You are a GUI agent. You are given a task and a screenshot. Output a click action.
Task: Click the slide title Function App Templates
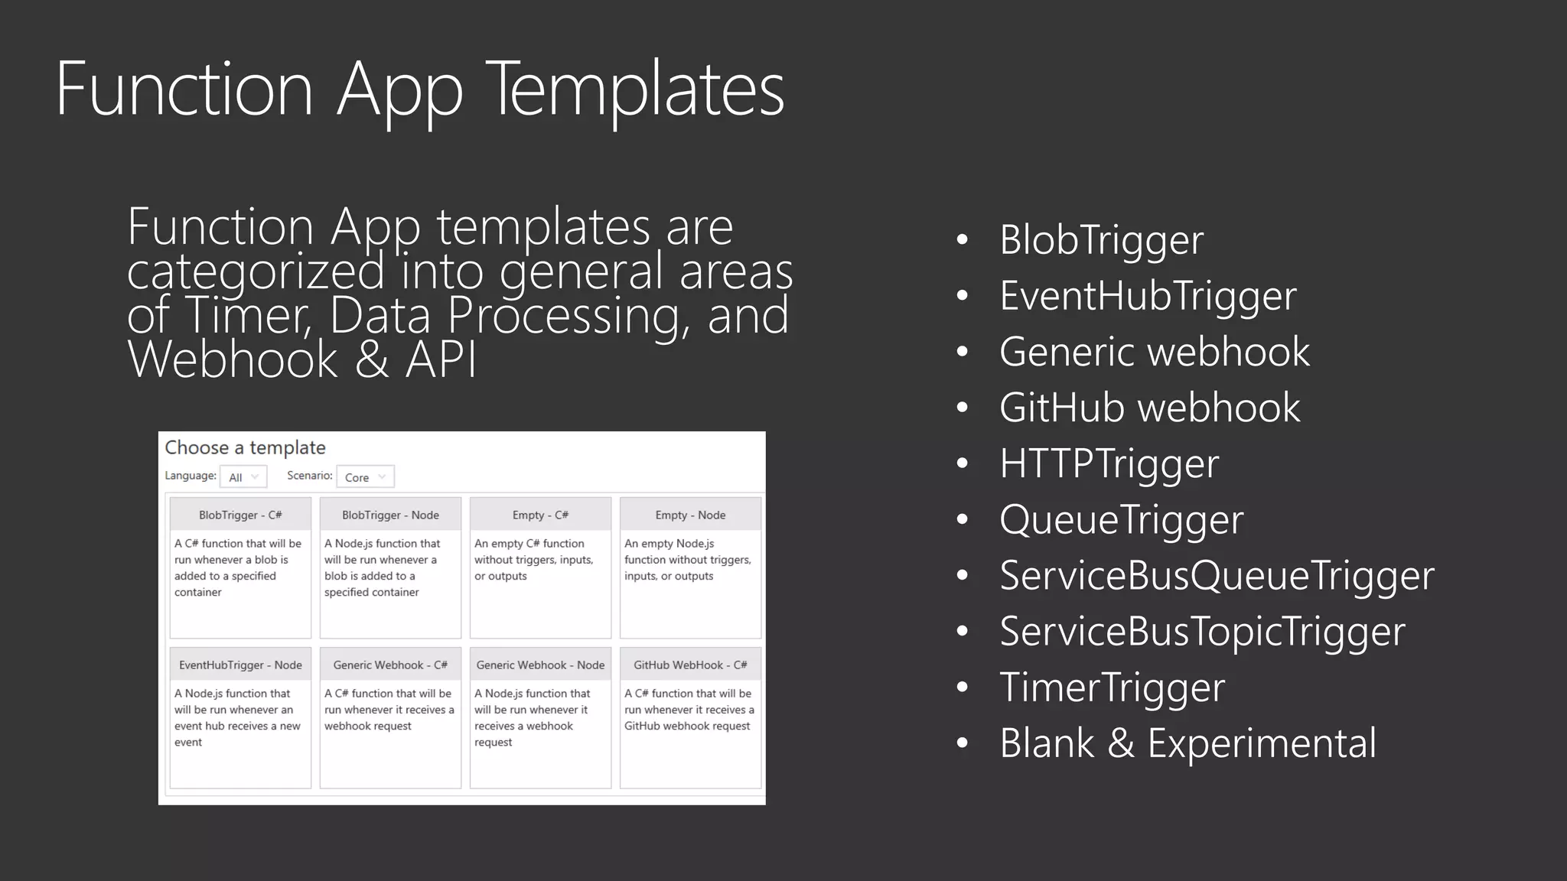(x=419, y=89)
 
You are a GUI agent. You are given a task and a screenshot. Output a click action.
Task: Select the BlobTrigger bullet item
(x=1101, y=240)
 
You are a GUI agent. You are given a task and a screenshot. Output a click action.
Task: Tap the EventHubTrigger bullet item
(x=1148, y=296)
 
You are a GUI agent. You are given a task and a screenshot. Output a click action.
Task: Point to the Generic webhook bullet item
(x=1154, y=352)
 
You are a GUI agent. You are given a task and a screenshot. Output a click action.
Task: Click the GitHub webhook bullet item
(x=1149, y=408)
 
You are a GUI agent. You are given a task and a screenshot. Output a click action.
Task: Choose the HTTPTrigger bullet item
(x=1109, y=463)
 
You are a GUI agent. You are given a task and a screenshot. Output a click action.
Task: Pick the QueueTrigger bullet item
(x=1121, y=520)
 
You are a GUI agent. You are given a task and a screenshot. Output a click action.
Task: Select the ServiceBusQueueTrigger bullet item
(x=1217, y=576)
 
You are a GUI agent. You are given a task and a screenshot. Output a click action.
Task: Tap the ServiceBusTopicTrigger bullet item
(x=1202, y=632)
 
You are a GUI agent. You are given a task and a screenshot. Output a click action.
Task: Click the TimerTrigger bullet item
(x=1112, y=688)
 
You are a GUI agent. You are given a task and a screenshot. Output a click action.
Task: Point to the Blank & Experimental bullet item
(x=1187, y=743)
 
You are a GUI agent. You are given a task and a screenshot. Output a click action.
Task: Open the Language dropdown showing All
(x=243, y=477)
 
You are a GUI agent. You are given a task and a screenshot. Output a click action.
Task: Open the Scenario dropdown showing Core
(x=365, y=477)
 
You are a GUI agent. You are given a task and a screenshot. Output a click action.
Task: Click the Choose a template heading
(x=245, y=447)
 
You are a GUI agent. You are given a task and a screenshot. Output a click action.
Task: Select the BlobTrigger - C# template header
(x=240, y=515)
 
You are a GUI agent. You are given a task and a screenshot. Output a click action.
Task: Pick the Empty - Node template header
(x=690, y=515)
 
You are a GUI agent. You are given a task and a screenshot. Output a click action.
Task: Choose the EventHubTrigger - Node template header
(x=240, y=665)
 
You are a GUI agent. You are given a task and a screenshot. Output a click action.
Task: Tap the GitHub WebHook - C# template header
(x=690, y=665)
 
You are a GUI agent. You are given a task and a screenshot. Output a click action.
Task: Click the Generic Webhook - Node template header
(x=540, y=665)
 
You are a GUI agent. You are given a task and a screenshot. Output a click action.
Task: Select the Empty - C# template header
(x=540, y=515)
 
